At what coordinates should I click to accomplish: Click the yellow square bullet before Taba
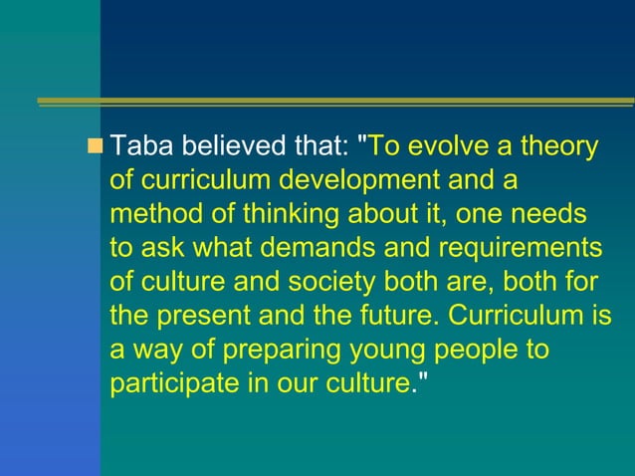tap(97, 147)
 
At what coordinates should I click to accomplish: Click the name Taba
tap(138, 147)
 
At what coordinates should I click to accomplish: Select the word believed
tap(226, 147)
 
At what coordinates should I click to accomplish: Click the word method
tap(148, 214)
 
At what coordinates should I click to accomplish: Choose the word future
tap(394, 316)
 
